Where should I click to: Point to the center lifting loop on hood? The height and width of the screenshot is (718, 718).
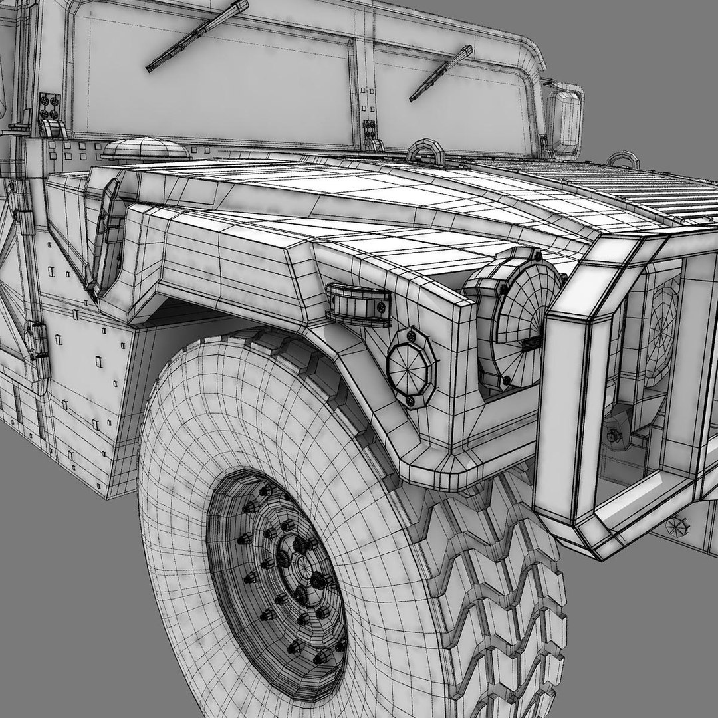coord(425,152)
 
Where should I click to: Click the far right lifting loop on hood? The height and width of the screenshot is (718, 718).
coord(623,160)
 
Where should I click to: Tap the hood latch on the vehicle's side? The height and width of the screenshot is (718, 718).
coord(106,236)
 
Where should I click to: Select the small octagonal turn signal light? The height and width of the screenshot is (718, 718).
coord(412,366)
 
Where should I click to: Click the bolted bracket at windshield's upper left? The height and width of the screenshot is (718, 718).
coord(50,106)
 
